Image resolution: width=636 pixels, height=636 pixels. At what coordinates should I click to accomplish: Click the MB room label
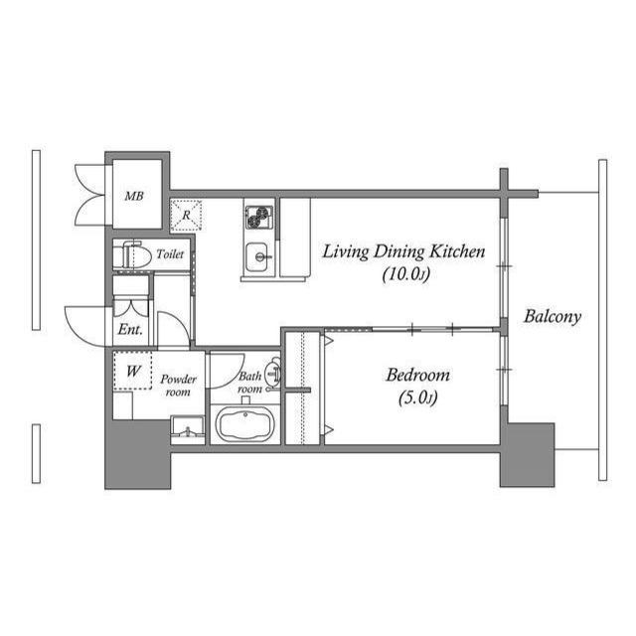[x=134, y=197]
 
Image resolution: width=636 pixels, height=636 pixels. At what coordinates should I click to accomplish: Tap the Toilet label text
[x=170, y=254]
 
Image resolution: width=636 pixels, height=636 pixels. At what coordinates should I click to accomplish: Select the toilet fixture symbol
[x=129, y=255]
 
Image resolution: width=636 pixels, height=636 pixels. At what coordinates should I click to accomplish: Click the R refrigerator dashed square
[x=186, y=215]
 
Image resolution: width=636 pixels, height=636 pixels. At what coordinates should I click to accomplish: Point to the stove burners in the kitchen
[x=258, y=217]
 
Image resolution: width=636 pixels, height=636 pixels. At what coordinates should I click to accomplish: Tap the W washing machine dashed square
[x=132, y=371]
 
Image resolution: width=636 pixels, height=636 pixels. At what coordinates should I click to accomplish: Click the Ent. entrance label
[x=130, y=329]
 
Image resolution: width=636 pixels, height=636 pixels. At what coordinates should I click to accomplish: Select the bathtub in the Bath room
[x=245, y=424]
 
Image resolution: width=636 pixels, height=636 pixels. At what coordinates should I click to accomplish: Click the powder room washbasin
[x=187, y=430]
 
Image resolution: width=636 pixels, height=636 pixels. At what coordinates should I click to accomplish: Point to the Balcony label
[x=553, y=316]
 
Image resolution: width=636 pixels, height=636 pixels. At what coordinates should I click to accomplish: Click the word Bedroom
[x=417, y=375]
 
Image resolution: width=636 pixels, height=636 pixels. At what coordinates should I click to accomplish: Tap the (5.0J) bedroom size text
[x=418, y=397]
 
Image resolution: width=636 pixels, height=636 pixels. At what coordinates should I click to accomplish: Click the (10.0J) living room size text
[x=406, y=274]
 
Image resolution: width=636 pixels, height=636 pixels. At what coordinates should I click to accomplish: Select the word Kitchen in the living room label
[x=457, y=251]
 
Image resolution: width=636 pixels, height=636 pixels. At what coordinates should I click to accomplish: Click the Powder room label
[x=178, y=386]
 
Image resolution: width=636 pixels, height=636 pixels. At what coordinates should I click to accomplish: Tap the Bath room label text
[x=249, y=383]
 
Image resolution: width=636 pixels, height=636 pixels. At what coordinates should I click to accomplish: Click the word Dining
[x=399, y=252]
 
